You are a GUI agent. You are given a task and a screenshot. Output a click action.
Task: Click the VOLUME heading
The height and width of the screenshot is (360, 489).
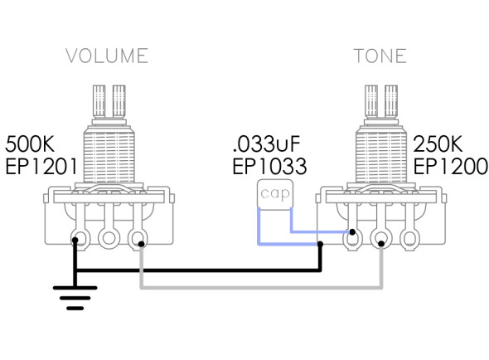(107, 56)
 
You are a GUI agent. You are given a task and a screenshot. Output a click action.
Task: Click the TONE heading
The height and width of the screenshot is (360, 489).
(380, 56)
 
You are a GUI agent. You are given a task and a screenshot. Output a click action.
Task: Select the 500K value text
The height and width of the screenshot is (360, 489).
(30, 144)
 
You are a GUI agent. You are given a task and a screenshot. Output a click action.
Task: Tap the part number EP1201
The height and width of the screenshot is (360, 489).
(41, 167)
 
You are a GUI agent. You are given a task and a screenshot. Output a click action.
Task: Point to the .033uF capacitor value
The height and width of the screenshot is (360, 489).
(267, 144)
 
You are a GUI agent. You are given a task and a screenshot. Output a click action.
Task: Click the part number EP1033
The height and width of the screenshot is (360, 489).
(269, 167)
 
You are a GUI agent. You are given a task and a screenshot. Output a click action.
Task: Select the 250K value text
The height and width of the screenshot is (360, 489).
(438, 144)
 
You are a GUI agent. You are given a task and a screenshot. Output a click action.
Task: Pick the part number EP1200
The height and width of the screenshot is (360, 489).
(451, 167)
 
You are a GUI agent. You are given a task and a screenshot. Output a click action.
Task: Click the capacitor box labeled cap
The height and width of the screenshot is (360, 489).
(274, 194)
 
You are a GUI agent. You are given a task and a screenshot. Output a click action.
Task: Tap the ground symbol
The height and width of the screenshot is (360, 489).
(75, 298)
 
